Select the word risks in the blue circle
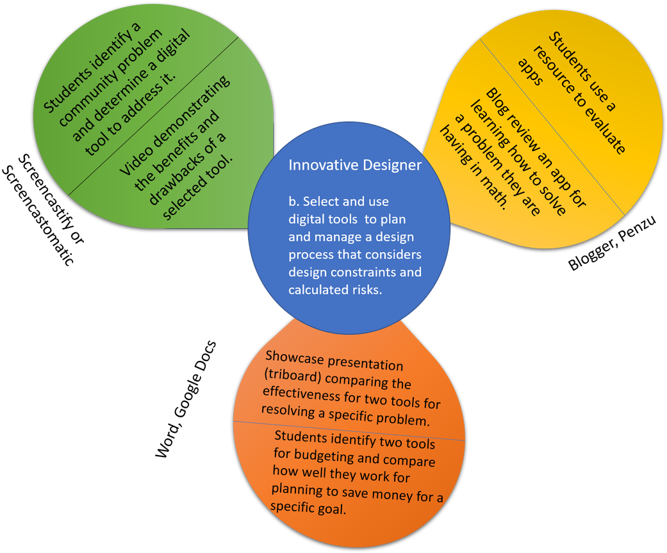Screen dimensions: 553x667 tap(365, 289)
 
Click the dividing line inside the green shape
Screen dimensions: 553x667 tap(154, 115)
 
